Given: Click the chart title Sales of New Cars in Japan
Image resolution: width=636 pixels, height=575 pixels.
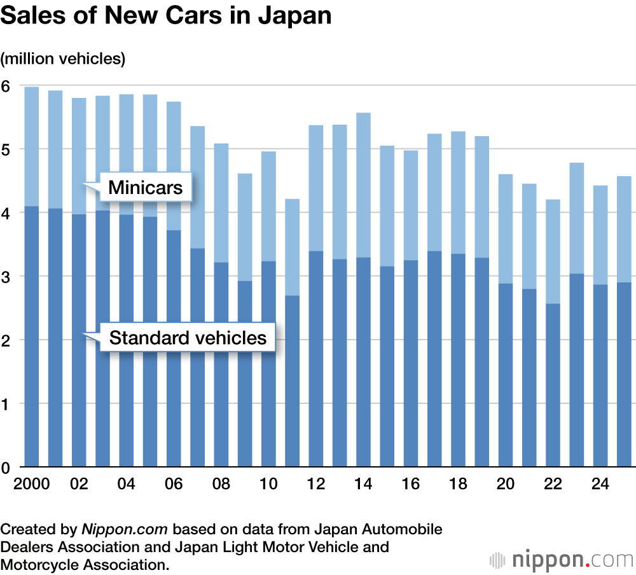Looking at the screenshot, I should pyautogui.click(x=166, y=16).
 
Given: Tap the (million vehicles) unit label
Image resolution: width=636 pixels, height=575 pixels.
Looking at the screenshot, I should pyautogui.click(x=63, y=59).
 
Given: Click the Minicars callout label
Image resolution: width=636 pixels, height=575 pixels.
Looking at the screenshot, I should pyautogui.click(x=145, y=188).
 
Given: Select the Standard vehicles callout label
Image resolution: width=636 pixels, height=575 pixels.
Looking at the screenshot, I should pyautogui.click(x=188, y=337).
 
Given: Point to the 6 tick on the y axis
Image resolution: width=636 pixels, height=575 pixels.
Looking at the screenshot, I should pyautogui.click(x=6, y=86).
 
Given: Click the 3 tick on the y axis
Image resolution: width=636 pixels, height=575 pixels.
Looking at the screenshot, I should pyautogui.click(x=6, y=277).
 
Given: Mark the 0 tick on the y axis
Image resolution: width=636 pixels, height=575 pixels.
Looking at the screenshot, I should pyautogui.click(x=6, y=468).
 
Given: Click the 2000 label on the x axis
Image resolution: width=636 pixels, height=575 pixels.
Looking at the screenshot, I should pyautogui.click(x=31, y=484).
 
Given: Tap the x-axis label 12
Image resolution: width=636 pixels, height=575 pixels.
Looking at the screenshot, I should pyautogui.click(x=316, y=484).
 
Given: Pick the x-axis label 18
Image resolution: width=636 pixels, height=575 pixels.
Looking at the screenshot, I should pyautogui.click(x=458, y=484).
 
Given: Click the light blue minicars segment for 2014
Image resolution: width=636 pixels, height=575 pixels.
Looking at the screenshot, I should pyautogui.click(x=363, y=184).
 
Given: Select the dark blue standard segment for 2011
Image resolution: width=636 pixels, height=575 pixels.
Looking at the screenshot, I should pyautogui.click(x=292, y=382).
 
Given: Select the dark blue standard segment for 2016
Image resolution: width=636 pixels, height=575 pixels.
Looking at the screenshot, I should pyautogui.click(x=411, y=363).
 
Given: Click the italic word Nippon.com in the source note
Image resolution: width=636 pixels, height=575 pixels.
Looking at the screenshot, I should pyautogui.click(x=125, y=529).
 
